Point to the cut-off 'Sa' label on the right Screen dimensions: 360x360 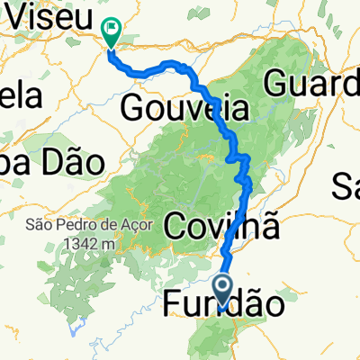coord(346,187)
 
